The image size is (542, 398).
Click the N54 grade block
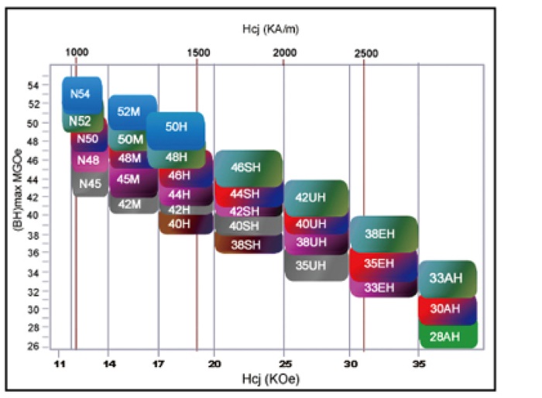point(81,94)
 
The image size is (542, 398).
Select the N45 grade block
point(90,184)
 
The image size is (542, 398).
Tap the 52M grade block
point(129,111)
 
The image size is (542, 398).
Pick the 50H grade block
point(176,127)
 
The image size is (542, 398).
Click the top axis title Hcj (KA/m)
point(269,29)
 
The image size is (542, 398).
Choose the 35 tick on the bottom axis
point(419,362)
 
